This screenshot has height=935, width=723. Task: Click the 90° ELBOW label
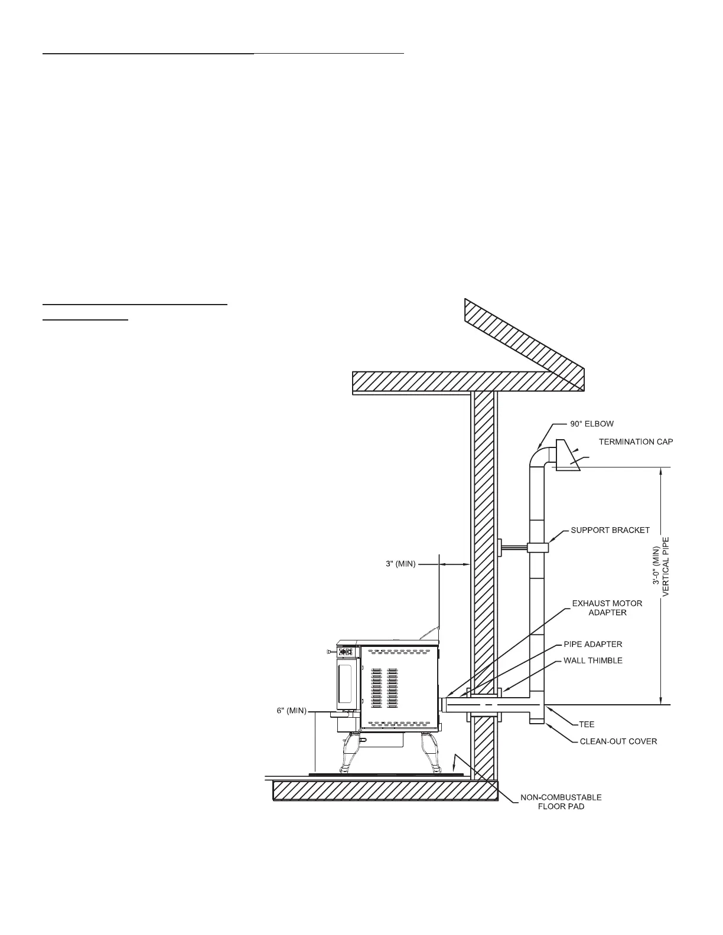(x=591, y=424)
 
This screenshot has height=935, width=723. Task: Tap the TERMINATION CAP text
(x=636, y=442)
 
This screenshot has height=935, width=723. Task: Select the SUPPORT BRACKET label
(x=610, y=530)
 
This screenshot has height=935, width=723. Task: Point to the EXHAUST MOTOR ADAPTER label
(x=607, y=608)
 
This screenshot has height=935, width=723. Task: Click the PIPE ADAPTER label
(x=592, y=644)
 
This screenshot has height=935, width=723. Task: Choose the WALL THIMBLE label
(x=592, y=661)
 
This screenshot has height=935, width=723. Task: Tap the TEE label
(x=587, y=724)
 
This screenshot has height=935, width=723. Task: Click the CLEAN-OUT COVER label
(x=618, y=741)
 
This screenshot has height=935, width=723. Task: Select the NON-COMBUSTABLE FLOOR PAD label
(x=561, y=802)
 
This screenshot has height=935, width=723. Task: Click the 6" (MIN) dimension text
(x=292, y=711)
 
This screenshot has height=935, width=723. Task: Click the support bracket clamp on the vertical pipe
(x=538, y=548)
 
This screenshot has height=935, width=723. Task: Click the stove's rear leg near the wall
(x=429, y=753)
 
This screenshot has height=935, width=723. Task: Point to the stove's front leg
(x=348, y=754)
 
